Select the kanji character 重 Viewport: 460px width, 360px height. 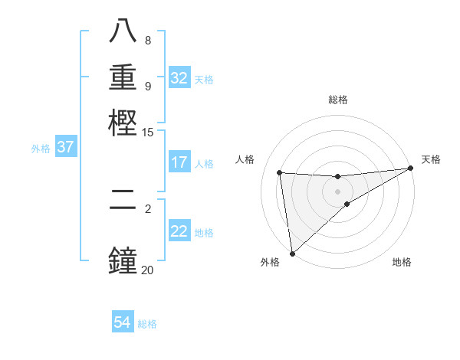(x=123, y=80)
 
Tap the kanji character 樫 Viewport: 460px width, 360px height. (x=123, y=123)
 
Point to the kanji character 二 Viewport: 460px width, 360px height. (x=123, y=210)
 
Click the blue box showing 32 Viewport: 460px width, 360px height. (x=179, y=78)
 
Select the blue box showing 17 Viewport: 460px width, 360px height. (x=179, y=162)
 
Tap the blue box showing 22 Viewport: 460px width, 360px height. (x=179, y=231)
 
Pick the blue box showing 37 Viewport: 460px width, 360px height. (x=66, y=147)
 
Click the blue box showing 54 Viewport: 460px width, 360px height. (x=123, y=322)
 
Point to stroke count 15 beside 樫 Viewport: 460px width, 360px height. (x=148, y=132)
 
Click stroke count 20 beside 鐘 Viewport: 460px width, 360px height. (x=148, y=270)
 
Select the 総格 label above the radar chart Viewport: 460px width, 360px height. (x=338, y=100)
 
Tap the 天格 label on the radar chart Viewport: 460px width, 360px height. (x=431, y=159)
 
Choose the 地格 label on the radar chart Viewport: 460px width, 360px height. (x=402, y=262)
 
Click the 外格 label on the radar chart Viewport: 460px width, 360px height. (x=270, y=262)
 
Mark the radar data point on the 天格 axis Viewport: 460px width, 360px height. (x=410, y=169)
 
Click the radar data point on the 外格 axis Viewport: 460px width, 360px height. (x=292, y=254)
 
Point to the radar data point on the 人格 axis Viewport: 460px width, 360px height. (x=280, y=172)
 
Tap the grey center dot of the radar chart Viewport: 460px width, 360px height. (x=338, y=191)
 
